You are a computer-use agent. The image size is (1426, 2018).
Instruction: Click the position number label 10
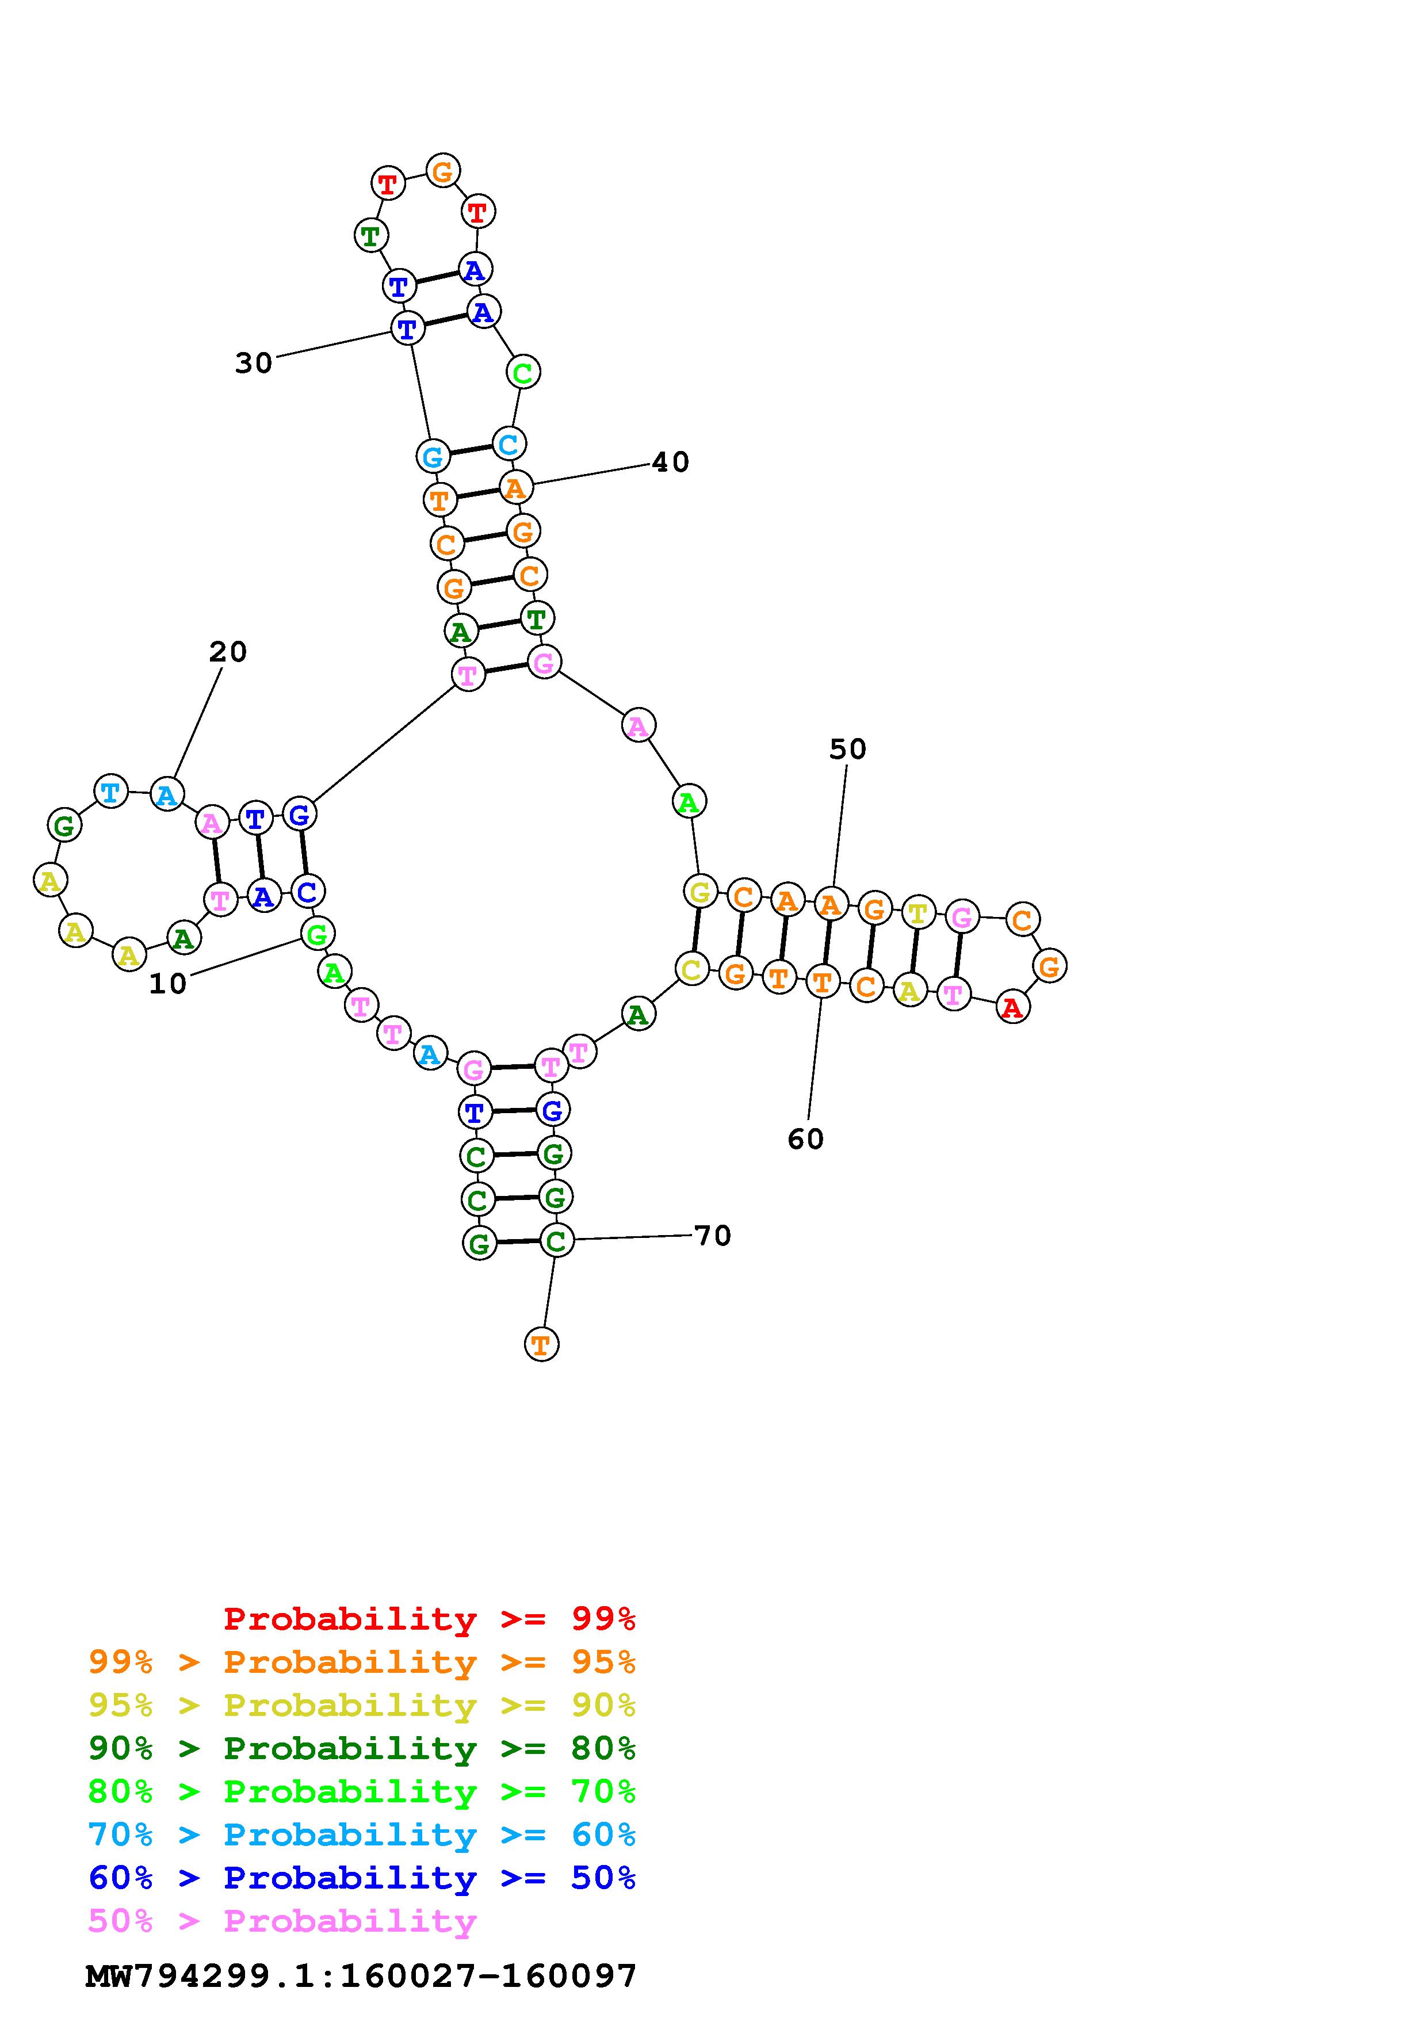pyautogui.click(x=168, y=984)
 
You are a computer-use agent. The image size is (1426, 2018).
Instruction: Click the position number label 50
pyautogui.click(x=848, y=749)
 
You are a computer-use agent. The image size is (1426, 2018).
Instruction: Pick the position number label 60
pyautogui.click(x=806, y=1139)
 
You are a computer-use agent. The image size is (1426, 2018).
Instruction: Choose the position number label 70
pyautogui.click(x=713, y=1236)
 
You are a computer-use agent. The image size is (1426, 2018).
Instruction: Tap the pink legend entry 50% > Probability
pyautogui.click(x=282, y=1921)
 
